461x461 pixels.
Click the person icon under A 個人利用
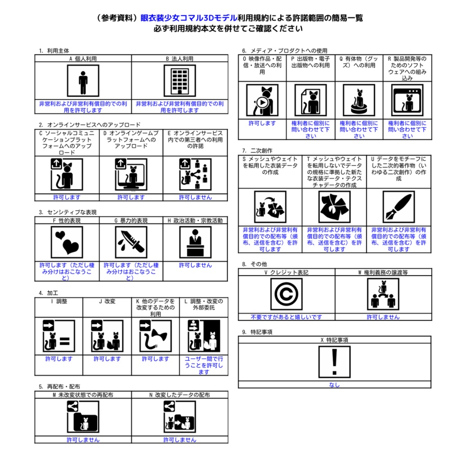pos(83,81)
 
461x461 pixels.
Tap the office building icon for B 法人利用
pos(180,81)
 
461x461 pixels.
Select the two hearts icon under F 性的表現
pos(67,242)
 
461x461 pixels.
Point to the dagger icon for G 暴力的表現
pos(131,242)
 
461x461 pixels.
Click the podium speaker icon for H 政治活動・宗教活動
pos(195,242)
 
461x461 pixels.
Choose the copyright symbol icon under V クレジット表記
pos(286,294)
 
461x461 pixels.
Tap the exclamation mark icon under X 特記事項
pos(334,362)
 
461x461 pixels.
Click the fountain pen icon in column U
pos(399,207)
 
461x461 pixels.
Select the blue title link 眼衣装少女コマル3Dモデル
pos(189,18)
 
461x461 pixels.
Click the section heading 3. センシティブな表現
pos(68,212)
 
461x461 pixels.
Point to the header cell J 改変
pos(107,301)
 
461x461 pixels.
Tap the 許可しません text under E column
pos(195,197)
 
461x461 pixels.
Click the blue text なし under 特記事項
pos(334,385)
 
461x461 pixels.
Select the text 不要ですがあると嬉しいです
pos(286,317)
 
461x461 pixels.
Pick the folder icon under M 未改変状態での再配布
pos(83,417)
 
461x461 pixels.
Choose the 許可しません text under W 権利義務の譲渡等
pos(383,317)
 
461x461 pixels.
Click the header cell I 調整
pos(59,301)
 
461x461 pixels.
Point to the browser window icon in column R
pos(407,100)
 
